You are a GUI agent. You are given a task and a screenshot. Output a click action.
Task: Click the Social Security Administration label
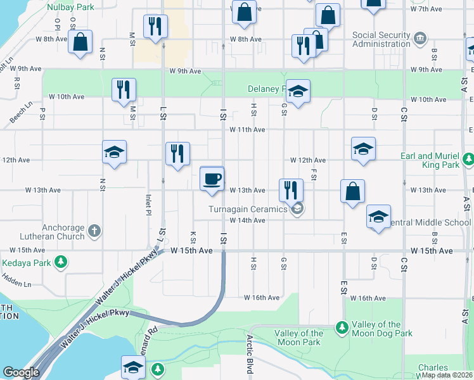pos(381,39)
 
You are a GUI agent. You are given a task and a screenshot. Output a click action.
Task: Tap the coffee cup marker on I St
pos(212,177)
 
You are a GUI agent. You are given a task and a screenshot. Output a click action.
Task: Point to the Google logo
pos(21,372)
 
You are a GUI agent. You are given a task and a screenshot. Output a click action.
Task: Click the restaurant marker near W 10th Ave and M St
pos(124,89)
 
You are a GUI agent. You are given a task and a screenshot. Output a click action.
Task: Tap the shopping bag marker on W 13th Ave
pos(352,191)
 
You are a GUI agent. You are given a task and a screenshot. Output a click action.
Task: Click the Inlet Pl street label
pos(148,203)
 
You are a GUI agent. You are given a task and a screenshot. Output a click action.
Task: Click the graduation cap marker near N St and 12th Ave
pos(114,151)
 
